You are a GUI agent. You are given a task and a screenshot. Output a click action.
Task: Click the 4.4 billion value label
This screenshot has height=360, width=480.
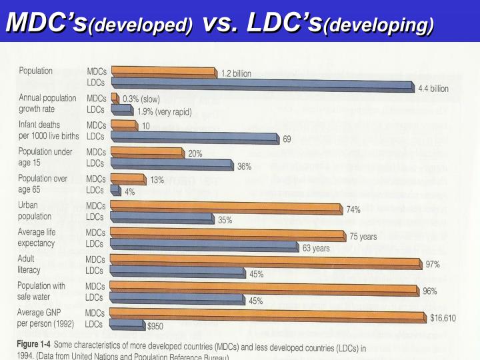pyautogui.click(x=433, y=88)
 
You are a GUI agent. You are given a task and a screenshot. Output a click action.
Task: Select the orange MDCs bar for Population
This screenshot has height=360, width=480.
pyautogui.click(x=163, y=72)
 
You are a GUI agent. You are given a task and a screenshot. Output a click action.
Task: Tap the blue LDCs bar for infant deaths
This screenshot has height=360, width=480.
pyautogui.click(x=193, y=137)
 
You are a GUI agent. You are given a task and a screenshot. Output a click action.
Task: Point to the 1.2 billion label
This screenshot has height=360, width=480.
pyautogui.click(x=237, y=74)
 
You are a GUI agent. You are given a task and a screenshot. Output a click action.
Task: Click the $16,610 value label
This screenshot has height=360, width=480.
pyautogui.click(x=443, y=318)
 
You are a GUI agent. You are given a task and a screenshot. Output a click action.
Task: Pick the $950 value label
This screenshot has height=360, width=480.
pyautogui.click(x=155, y=327)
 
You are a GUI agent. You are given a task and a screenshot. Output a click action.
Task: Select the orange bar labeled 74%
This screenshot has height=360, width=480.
pyautogui.click(x=227, y=207)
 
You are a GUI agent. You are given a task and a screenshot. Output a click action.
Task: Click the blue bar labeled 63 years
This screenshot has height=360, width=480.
pyautogui.click(x=203, y=246)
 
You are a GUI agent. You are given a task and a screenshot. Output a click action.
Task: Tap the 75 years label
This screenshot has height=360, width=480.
pyautogui.click(x=363, y=237)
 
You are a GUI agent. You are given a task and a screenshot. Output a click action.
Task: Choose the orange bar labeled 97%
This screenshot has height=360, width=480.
pyautogui.click(x=267, y=261)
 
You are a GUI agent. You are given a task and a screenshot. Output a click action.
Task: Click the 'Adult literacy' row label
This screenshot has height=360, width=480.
pyautogui.click(x=29, y=265)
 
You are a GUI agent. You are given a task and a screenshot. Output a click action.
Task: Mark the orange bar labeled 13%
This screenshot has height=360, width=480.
pyautogui.click(x=128, y=179)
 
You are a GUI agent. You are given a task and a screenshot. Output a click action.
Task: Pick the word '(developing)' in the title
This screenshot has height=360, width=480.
pyautogui.click(x=378, y=25)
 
